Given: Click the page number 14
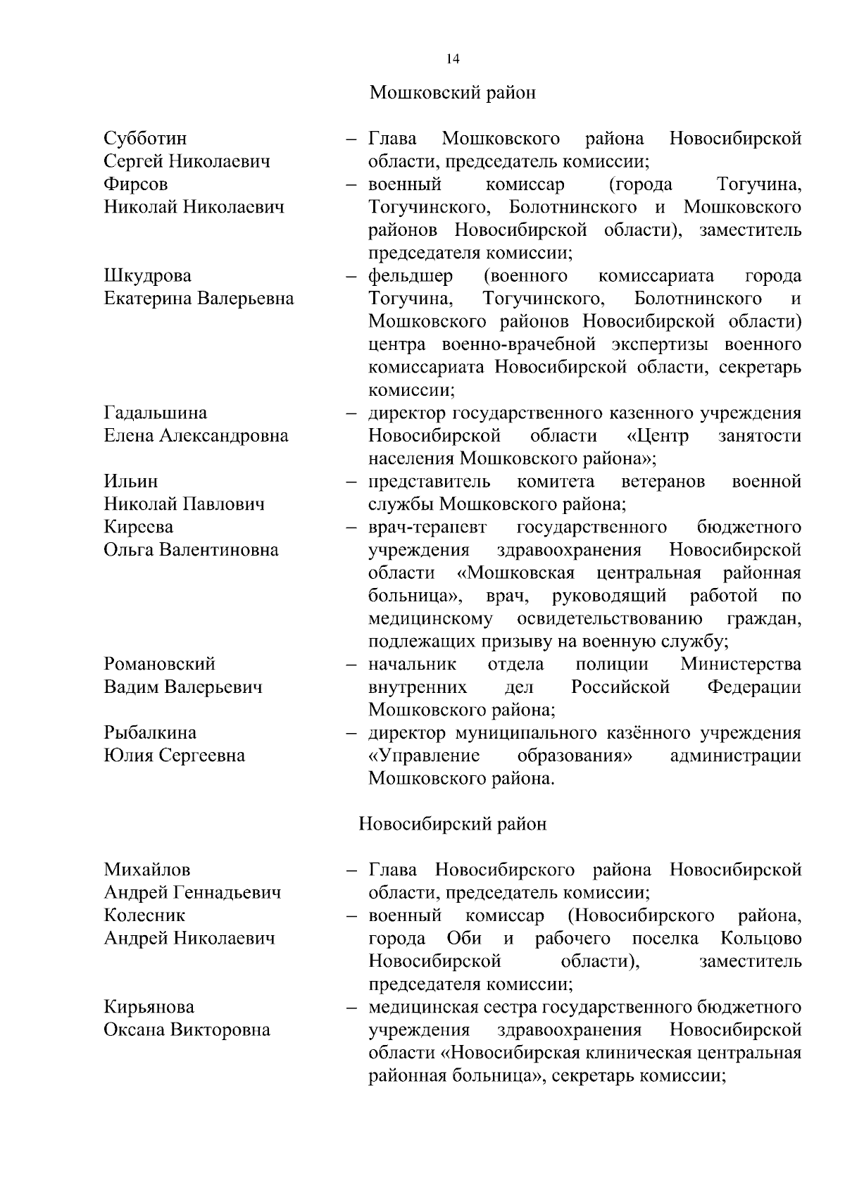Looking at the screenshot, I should [x=453, y=59].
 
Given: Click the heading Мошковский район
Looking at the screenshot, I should [x=453, y=93].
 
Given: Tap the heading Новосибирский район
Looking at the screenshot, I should [x=453, y=824].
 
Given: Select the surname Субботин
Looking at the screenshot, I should [x=145, y=138].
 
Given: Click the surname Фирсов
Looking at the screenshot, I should [x=136, y=184].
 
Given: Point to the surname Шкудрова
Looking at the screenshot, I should [x=147, y=275].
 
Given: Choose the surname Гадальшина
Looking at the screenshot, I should [x=156, y=413].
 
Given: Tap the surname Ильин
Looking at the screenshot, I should [x=131, y=482].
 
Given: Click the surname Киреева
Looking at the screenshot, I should [x=139, y=527].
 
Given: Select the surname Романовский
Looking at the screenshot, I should [x=160, y=664].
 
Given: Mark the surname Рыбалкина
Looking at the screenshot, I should [x=150, y=733].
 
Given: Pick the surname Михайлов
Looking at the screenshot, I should [x=147, y=870].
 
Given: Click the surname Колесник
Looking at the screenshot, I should [x=145, y=915].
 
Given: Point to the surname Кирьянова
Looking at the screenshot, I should [x=149, y=1007].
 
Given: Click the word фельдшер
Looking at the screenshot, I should [x=411, y=275].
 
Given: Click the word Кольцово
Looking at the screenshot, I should [x=761, y=939].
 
